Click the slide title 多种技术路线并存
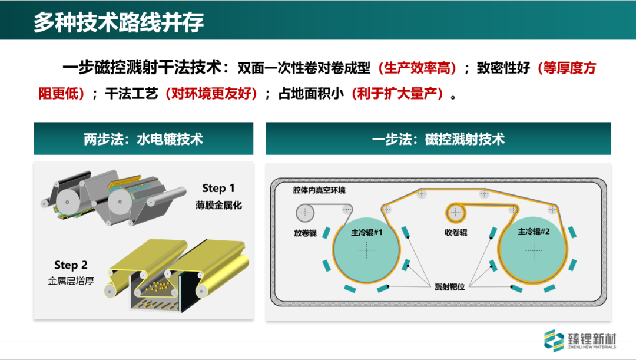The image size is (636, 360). pyautogui.click(x=118, y=22)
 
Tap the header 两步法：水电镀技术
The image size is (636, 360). pyautogui.click(x=143, y=139)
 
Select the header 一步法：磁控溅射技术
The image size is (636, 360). pyautogui.click(x=438, y=139)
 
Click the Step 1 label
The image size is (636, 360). pyautogui.click(x=218, y=189)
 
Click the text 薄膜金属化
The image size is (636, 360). pyautogui.click(x=219, y=206)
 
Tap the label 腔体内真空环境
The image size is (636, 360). pyautogui.click(x=319, y=190)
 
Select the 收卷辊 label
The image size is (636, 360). pyautogui.click(x=456, y=233)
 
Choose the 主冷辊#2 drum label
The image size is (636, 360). pyautogui.click(x=533, y=232)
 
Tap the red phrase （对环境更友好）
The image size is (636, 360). pyautogui.click(x=211, y=94)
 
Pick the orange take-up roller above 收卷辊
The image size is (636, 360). pyautogui.click(x=456, y=210)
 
